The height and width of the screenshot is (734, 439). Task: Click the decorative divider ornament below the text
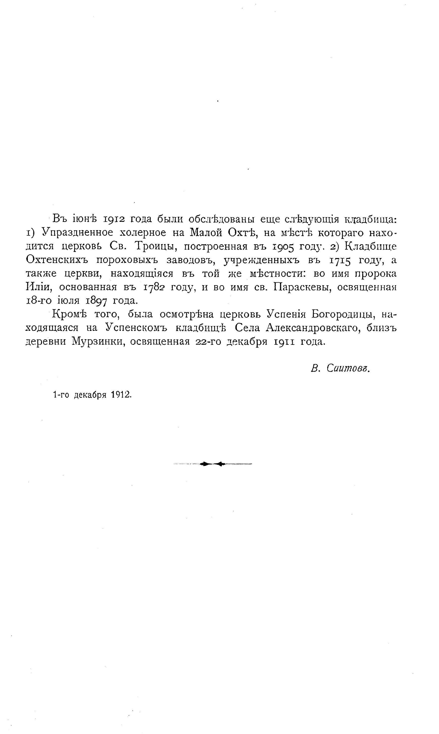(212, 464)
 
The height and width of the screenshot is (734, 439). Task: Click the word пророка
(375, 274)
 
